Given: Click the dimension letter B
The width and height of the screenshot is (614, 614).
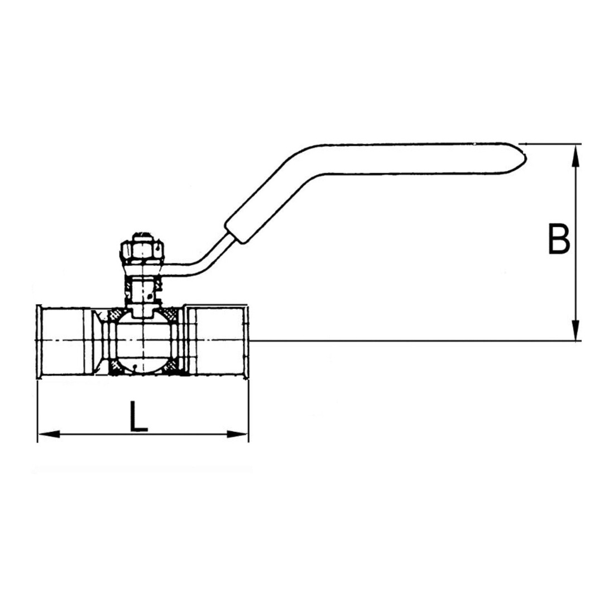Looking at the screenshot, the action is (559, 239).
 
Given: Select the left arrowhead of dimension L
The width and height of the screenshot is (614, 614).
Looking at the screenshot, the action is (49, 434).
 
